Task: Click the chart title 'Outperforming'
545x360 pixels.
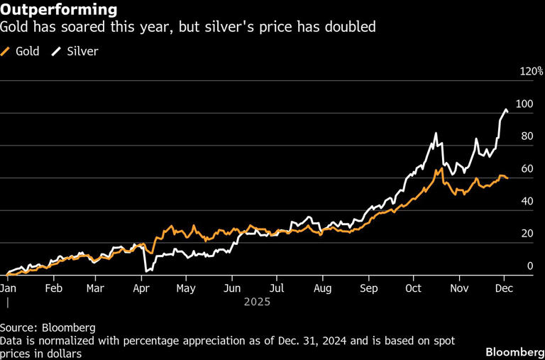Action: click(x=59, y=10)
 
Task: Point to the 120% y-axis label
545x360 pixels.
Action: click(x=532, y=72)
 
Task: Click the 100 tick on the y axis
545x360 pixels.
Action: click(x=524, y=104)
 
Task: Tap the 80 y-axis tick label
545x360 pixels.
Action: click(x=526, y=136)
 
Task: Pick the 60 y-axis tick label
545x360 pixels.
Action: click(x=526, y=169)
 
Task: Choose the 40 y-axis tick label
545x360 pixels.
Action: click(x=526, y=201)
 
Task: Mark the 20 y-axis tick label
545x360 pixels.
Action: click(x=526, y=234)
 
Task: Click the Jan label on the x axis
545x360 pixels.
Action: click(x=8, y=289)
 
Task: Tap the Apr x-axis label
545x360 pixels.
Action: click(x=142, y=289)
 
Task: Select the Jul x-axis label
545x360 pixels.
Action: click(x=277, y=289)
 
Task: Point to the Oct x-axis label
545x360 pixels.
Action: click(x=414, y=289)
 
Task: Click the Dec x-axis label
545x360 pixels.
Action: click(x=505, y=289)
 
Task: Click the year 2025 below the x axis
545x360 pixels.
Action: click(x=257, y=302)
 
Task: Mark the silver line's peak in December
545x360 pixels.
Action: click(x=505, y=109)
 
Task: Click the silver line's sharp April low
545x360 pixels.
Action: click(x=145, y=271)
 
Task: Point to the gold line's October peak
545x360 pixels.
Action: click(x=441, y=168)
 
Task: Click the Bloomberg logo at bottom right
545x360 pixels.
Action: click(x=511, y=352)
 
